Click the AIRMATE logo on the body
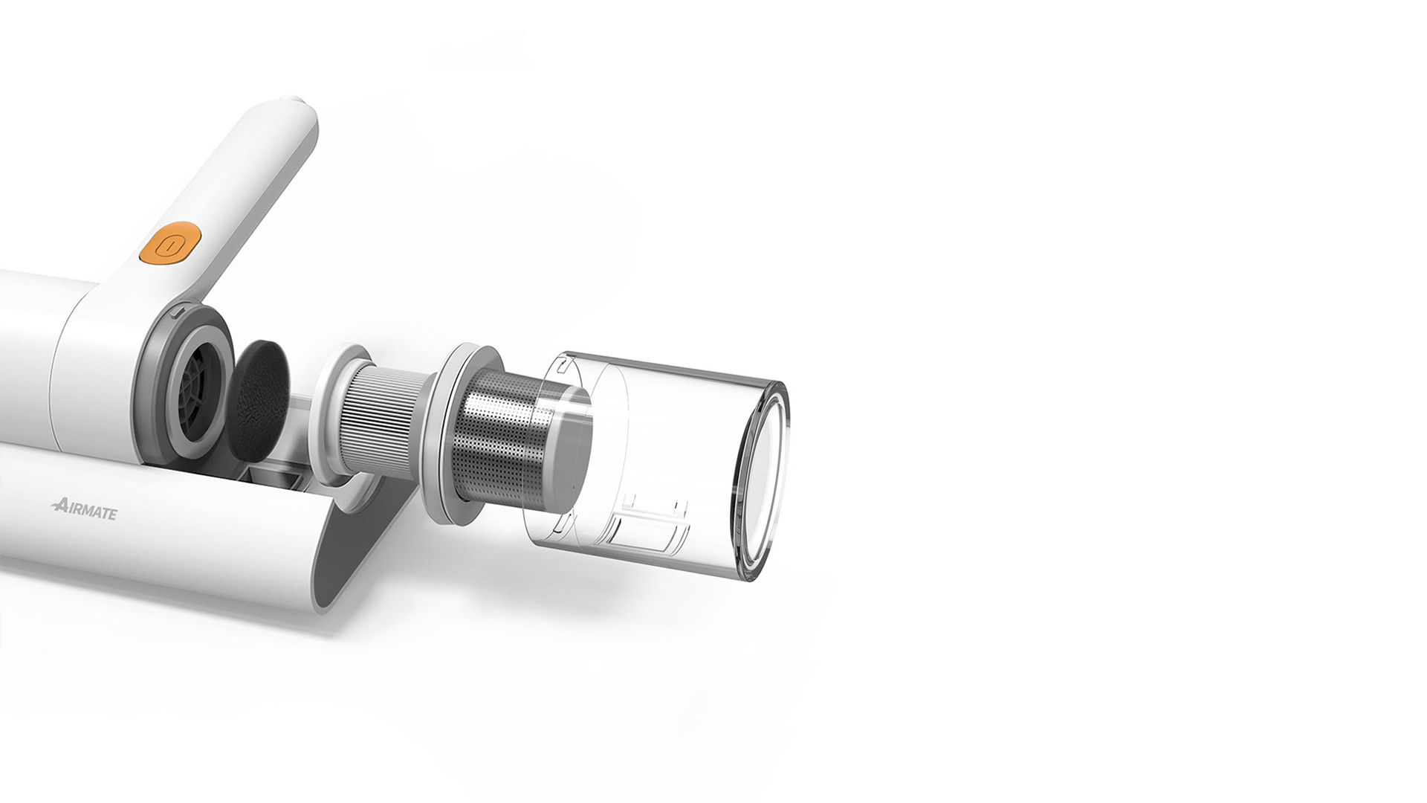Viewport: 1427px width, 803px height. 84,510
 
